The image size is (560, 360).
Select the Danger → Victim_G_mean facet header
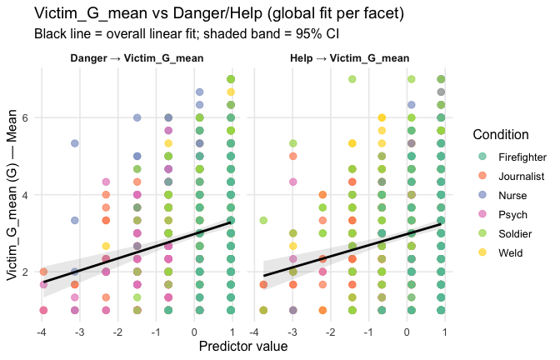tap(137, 58)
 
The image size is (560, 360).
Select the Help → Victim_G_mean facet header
tap(349, 58)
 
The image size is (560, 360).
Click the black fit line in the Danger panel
tap(137, 252)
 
